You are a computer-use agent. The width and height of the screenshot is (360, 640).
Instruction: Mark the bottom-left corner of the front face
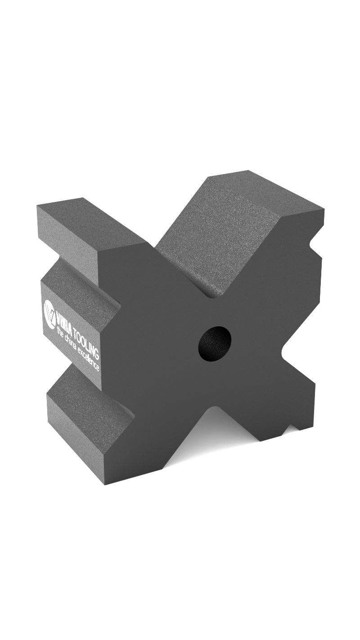pyautogui.click(x=105, y=484)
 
